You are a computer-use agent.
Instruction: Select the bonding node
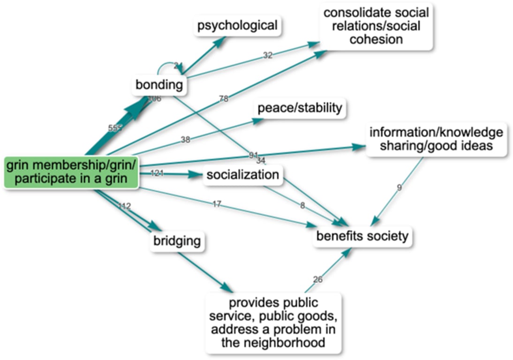[x=158, y=85]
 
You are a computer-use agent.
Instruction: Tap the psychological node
[x=237, y=25]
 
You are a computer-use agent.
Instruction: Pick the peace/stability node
[x=300, y=108]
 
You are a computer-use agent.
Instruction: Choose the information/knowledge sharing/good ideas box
[x=436, y=139]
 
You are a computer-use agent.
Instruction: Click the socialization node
[x=243, y=175]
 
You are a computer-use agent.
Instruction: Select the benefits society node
[x=362, y=236]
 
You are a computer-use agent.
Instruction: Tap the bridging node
[x=177, y=241]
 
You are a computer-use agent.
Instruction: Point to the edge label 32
[x=267, y=55]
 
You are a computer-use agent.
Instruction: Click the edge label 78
[x=224, y=99]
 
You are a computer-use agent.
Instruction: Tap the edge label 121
[x=157, y=173]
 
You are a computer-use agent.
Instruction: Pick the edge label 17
[x=217, y=204]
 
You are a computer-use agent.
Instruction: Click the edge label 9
[x=399, y=188]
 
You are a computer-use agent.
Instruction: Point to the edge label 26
[x=318, y=280]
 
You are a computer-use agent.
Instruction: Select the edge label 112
[x=124, y=206]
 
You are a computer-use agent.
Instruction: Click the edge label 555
[x=115, y=128]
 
